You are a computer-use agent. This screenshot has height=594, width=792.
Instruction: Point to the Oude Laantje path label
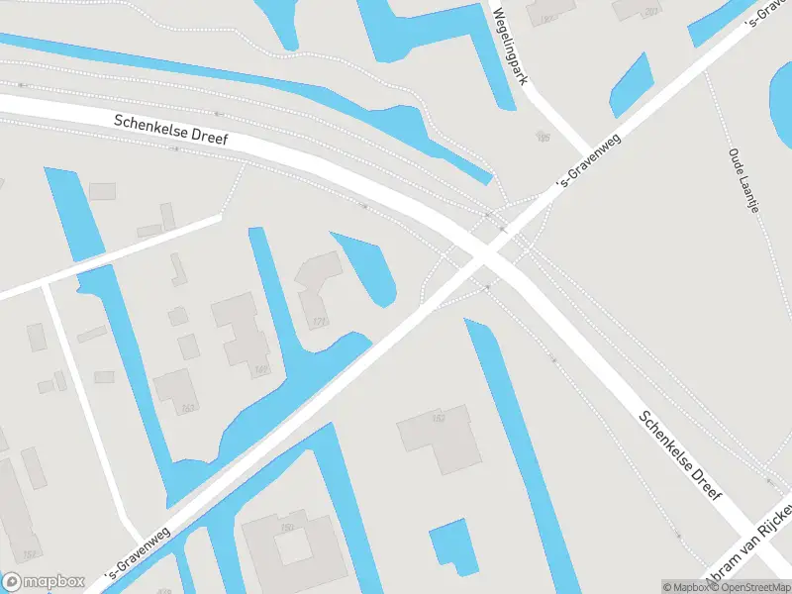(743, 180)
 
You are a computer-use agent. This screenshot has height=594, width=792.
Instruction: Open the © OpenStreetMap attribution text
(752, 587)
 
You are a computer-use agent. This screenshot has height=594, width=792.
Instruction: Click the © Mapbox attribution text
(687, 587)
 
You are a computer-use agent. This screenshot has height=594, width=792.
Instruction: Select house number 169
(260, 370)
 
